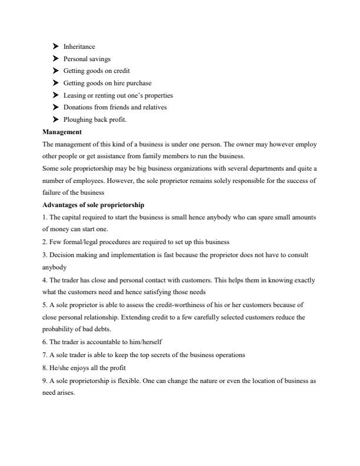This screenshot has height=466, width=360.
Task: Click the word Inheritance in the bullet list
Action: (79, 46)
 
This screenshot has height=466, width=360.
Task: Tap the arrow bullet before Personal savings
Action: (55, 59)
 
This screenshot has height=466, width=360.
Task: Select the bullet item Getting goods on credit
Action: (96, 71)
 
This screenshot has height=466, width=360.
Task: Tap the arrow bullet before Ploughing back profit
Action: (55, 119)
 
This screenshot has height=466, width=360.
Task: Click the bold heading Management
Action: (62, 132)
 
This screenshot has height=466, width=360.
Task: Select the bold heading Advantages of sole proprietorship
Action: (94, 205)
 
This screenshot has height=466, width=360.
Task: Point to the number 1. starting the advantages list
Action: (45, 217)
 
